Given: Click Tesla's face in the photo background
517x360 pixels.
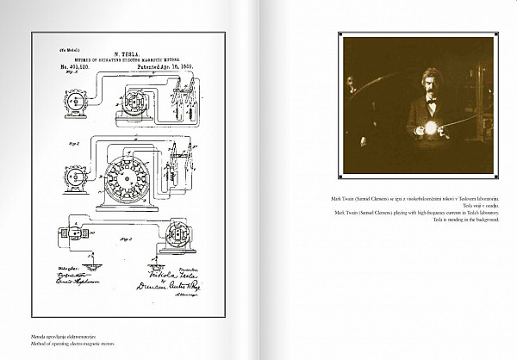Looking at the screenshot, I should click(x=352, y=84).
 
